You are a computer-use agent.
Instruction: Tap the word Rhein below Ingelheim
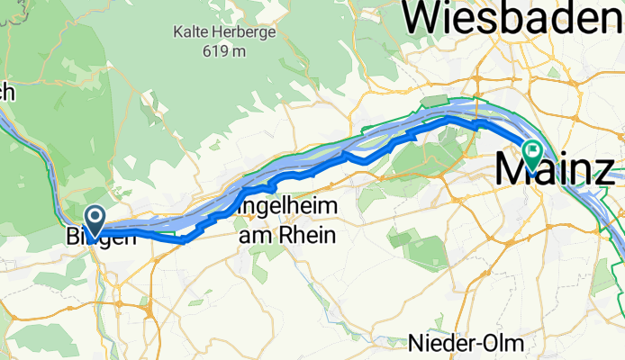308,236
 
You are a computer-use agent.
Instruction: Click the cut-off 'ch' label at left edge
6,90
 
